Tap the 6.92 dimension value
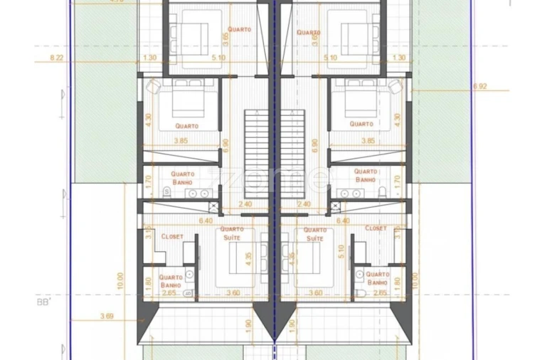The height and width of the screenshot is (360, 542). tap(480, 86)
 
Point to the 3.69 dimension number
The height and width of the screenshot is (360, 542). tap(107, 315)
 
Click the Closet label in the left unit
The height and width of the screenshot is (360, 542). tap(172, 236)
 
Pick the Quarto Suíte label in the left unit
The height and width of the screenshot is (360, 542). tap(233, 233)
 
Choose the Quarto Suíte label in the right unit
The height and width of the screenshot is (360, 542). tap(314, 234)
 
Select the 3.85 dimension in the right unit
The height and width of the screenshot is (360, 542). tap(368, 141)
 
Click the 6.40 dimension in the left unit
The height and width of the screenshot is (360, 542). tap(206, 221)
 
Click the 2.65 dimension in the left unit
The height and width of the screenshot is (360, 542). tap(169, 292)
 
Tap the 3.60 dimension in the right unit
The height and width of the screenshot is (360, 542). tap(315, 292)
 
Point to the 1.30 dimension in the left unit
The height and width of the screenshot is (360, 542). tap(149, 57)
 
